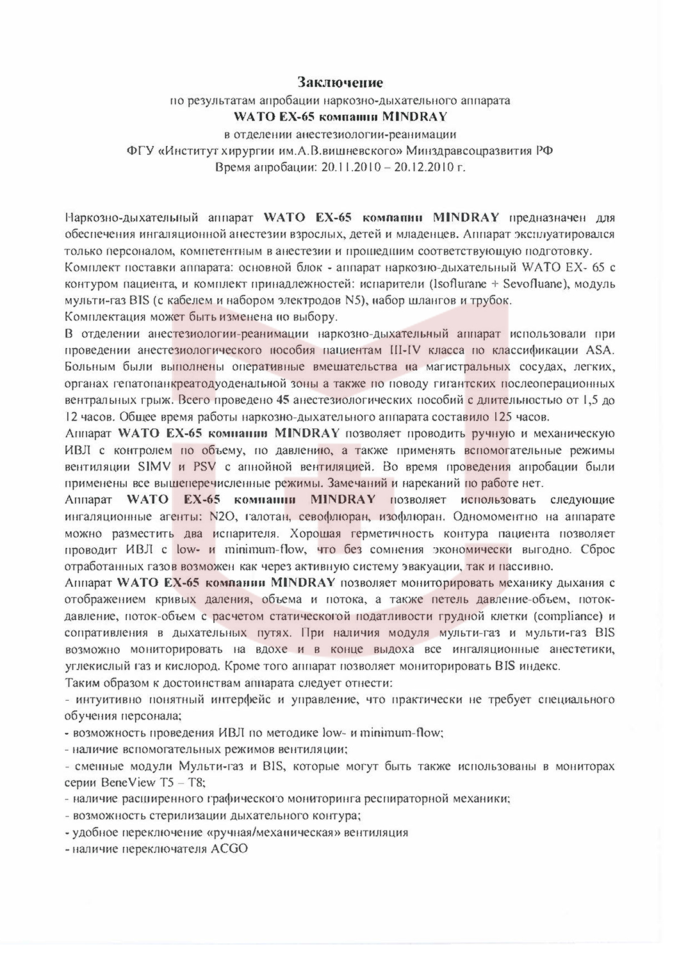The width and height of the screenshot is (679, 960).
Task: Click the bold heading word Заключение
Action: (339, 83)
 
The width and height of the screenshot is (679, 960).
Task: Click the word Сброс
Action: (601, 550)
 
